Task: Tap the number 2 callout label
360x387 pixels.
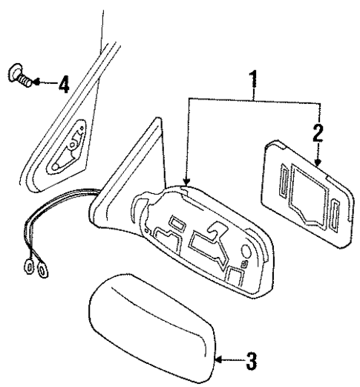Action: coord(318,134)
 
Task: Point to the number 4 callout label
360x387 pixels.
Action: coord(64,83)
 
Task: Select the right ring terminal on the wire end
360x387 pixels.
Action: coord(39,272)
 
